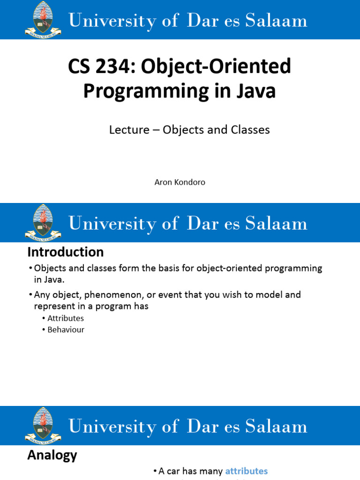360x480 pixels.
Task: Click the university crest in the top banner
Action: click(x=43, y=19)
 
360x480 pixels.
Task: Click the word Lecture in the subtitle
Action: click(x=129, y=130)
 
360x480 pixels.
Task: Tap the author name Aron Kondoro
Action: click(x=180, y=182)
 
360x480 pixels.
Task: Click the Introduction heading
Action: click(x=66, y=252)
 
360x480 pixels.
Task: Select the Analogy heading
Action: click(x=52, y=455)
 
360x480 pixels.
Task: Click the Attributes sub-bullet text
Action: click(x=66, y=318)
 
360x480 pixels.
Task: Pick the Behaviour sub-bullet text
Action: click(x=66, y=330)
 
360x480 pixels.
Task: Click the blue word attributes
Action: click(x=247, y=471)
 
